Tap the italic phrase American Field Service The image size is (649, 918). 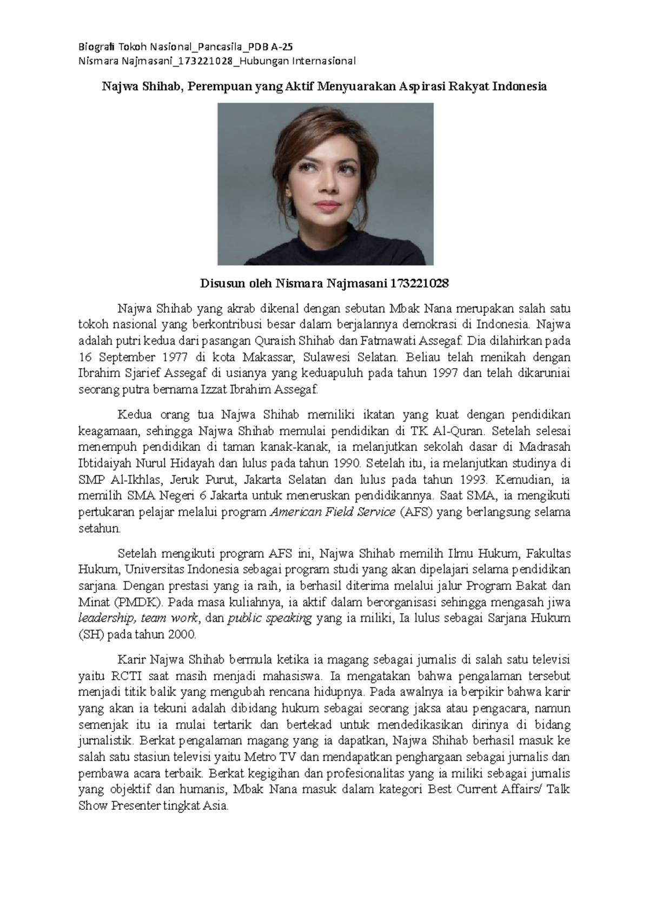click(332, 512)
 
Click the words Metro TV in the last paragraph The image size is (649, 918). click(270, 757)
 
